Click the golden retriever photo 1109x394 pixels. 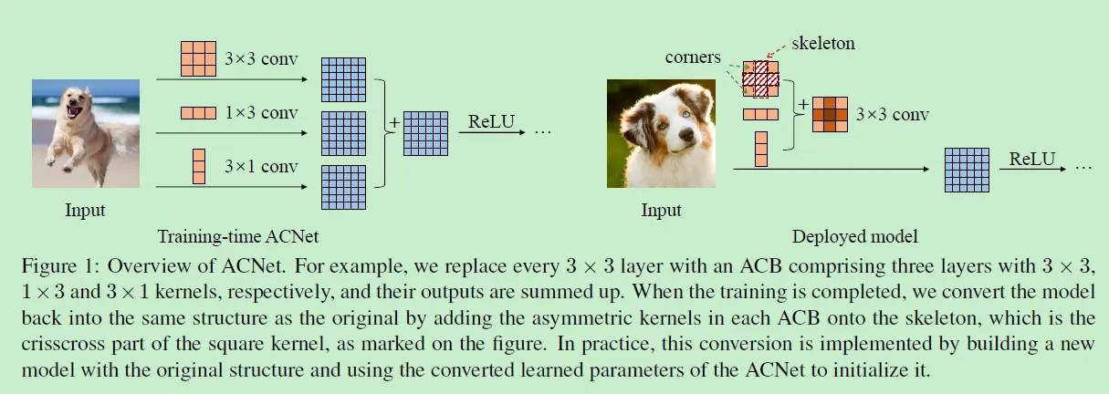tap(85, 133)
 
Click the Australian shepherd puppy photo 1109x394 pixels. tap(660, 133)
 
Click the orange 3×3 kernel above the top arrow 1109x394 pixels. tap(198, 58)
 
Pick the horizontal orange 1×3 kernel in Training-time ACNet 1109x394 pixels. tap(198, 114)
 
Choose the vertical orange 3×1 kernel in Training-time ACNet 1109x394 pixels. tap(199, 166)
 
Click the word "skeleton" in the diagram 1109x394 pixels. tap(824, 43)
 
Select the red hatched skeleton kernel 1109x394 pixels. tap(759, 79)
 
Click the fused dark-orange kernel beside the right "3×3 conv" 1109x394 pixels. tap(829, 114)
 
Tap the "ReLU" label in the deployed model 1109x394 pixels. tap(1031, 160)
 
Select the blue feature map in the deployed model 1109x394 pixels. tap(967, 169)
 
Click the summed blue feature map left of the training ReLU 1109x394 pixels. tap(425, 133)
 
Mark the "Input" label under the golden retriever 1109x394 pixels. tap(85, 211)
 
